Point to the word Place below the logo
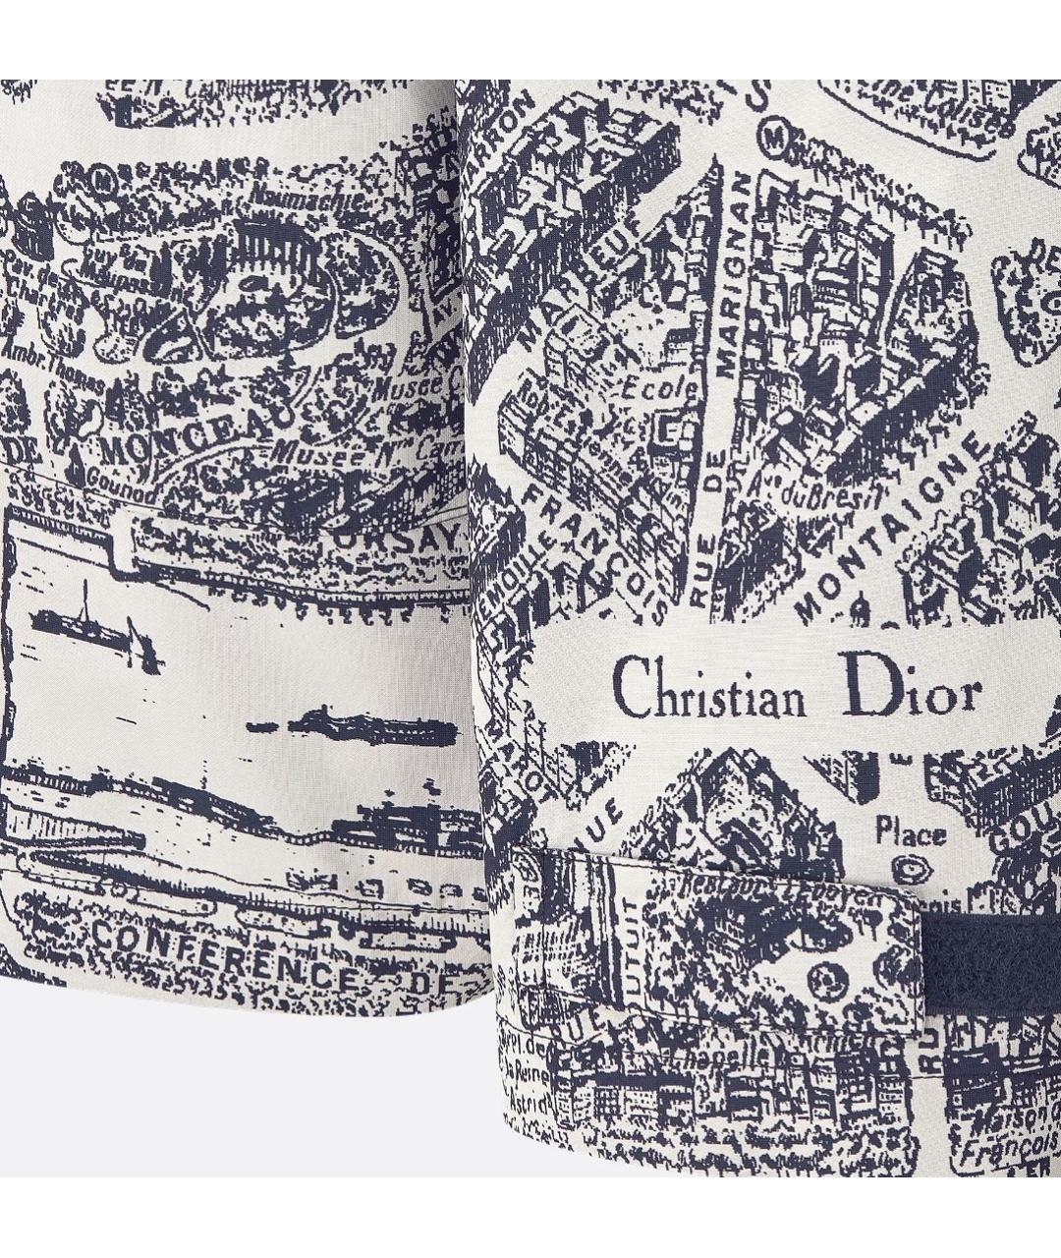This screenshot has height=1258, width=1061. click(x=911, y=834)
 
